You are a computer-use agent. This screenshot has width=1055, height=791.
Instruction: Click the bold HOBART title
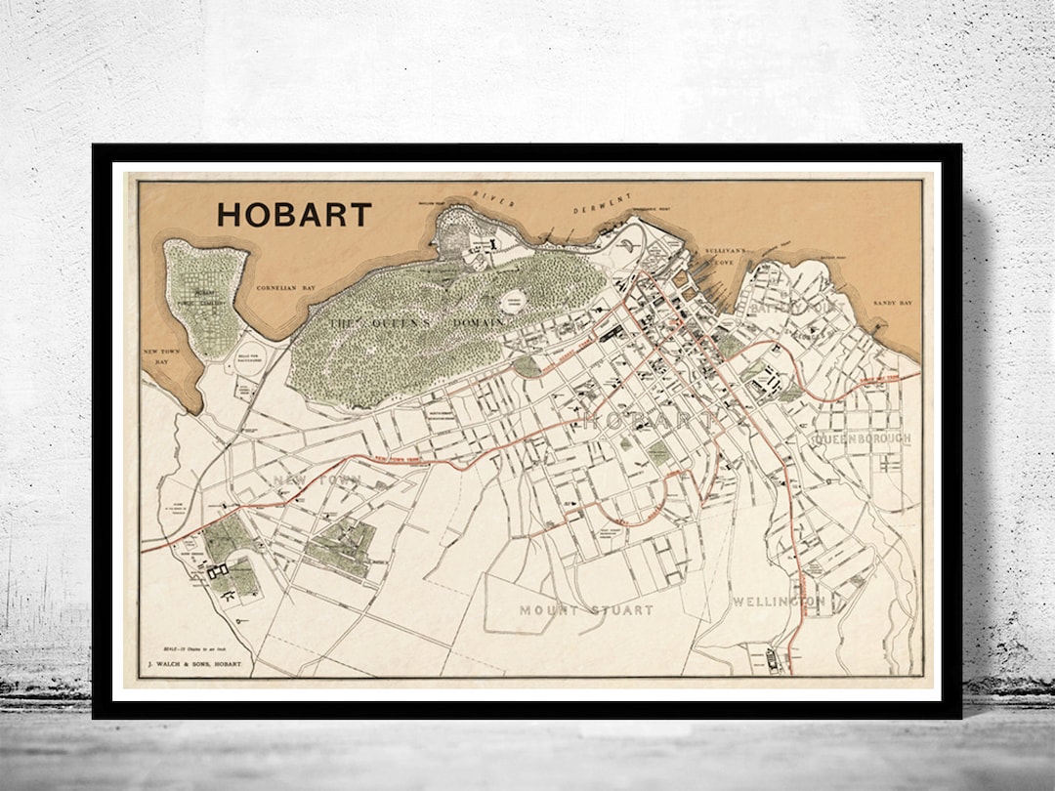(x=294, y=215)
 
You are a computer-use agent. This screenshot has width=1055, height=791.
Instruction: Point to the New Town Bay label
(x=162, y=356)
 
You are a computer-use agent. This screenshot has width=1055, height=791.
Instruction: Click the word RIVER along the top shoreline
(x=493, y=196)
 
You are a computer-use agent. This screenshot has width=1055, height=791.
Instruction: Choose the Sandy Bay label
(x=892, y=304)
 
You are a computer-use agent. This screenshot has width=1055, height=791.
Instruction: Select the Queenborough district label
(x=861, y=439)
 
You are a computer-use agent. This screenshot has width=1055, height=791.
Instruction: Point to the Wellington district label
(x=779, y=602)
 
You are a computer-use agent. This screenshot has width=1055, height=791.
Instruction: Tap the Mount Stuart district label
(x=586, y=610)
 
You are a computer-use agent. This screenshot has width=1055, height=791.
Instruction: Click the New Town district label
(x=317, y=479)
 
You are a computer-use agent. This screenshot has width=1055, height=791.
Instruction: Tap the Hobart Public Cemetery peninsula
(x=203, y=298)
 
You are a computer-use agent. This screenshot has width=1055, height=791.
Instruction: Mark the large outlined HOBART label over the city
(x=649, y=421)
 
